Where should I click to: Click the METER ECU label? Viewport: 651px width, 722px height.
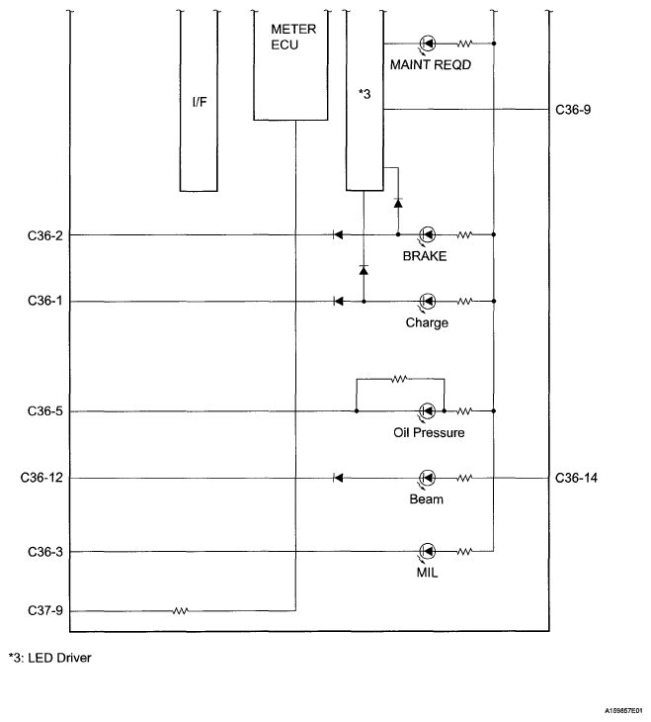(x=293, y=37)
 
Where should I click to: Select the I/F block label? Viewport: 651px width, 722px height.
(x=200, y=102)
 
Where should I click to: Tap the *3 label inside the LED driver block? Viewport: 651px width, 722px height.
(x=365, y=94)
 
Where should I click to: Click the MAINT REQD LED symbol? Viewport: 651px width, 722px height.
(x=428, y=44)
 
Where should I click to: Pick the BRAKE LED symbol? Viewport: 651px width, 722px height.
(x=428, y=234)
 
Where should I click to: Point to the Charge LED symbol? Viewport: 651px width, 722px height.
(x=428, y=301)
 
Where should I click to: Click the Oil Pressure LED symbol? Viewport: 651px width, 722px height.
(x=428, y=410)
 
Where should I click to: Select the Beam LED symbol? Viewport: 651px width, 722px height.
(x=428, y=478)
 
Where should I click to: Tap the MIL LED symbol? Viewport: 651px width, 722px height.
(x=428, y=551)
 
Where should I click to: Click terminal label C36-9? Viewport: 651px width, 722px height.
(x=573, y=110)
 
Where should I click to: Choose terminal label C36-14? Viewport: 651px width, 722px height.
(x=576, y=478)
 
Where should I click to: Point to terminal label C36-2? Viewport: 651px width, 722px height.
(x=45, y=235)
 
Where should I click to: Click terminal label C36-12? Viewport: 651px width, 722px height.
(x=41, y=478)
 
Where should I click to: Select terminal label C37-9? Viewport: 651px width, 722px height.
(x=45, y=611)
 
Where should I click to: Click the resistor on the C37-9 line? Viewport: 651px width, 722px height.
(x=180, y=611)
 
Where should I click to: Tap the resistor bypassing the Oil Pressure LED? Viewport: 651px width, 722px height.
(x=399, y=379)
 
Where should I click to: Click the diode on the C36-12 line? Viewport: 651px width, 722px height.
(x=338, y=478)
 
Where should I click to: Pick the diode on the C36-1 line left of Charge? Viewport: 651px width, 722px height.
(x=338, y=301)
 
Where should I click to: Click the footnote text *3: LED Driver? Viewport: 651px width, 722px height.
(x=50, y=658)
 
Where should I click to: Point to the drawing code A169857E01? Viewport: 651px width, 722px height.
(x=624, y=711)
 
